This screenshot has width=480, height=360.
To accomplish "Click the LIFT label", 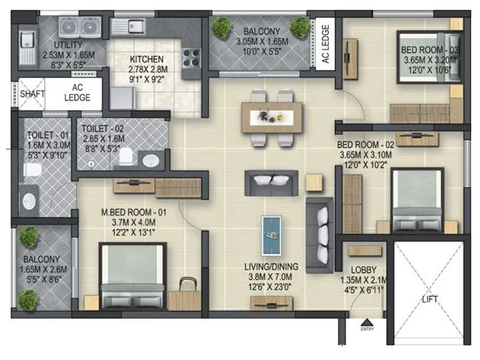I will pyautogui.click(x=430, y=299).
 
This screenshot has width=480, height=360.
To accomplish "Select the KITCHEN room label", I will pyautogui.click(x=146, y=59).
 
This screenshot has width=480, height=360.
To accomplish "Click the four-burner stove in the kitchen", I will pyautogui.click(x=191, y=59).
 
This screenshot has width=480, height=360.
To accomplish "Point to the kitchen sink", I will pyautogui.click(x=136, y=25).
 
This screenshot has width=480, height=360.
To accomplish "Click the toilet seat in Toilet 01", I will pyautogui.click(x=32, y=171).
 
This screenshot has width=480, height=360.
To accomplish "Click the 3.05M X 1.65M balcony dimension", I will pyautogui.click(x=259, y=41).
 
